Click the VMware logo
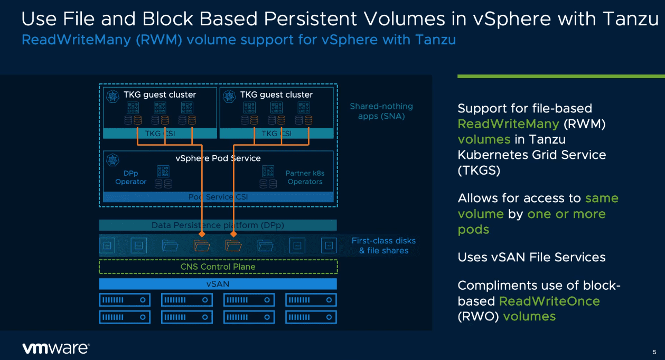click(55, 348)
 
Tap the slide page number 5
click(654, 352)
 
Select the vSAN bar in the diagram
click(218, 284)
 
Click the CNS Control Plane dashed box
click(218, 267)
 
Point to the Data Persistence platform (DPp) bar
click(218, 225)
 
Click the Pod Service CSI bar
click(218, 197)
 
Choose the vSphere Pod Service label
click(218, 158)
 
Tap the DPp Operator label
click(130, 177)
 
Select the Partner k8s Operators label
click(304, 177)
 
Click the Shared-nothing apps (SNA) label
click(381, 111)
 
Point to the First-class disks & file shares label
click(383, 245)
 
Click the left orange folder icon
click(201, 245)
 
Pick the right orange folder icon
click(233, 245)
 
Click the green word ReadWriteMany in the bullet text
click(508, 124)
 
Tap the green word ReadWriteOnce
click(549, 301)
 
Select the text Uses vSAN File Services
click(531, 258)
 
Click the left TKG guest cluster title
click(160, 95)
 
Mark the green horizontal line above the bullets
click(560, 77)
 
